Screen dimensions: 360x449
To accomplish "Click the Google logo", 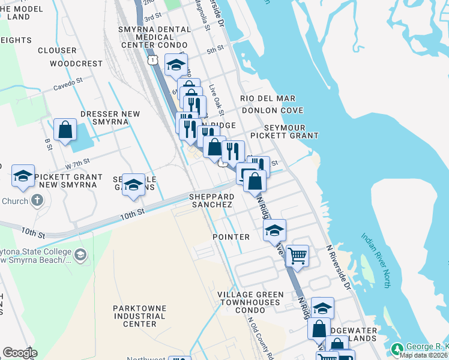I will click(x=20, y=353).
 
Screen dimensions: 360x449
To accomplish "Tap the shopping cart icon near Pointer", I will click(x=297, y=256).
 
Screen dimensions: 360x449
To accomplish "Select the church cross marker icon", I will click(x=37, y=200).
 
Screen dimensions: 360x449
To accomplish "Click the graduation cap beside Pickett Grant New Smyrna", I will click(x=23, y=176).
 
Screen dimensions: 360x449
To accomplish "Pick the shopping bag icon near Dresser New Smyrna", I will click(x=65, y=130).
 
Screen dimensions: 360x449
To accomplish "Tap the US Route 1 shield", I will click(x=154, y=60).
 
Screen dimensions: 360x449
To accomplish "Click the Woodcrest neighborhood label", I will click(x=76, y=64).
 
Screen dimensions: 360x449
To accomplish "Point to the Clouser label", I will click(x=57, y=50).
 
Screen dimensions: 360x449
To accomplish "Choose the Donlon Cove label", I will click(x=273, y=110).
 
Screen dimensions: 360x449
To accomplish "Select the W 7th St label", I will click(x=77, y=163).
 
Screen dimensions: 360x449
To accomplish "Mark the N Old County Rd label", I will click(x=262, y=337).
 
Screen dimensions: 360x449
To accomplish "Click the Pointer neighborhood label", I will click(x=231, y=237).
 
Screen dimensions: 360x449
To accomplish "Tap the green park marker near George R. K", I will click(x=397, y=349).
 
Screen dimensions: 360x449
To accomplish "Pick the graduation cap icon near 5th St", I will click(x=176, y=65).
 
